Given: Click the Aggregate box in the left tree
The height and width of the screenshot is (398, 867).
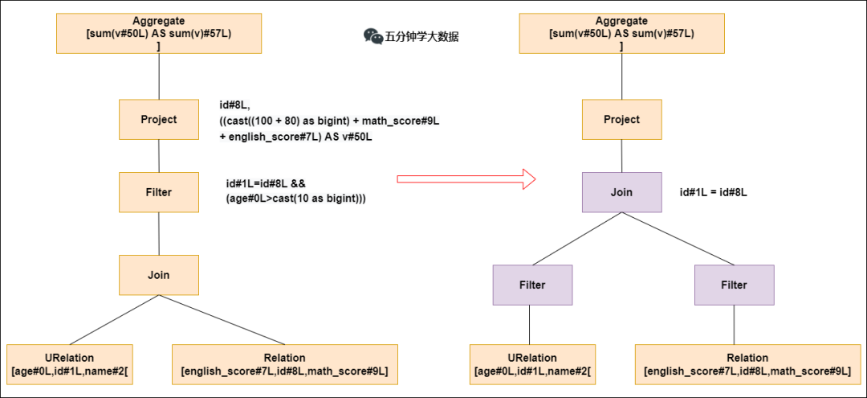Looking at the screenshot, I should point(158,32).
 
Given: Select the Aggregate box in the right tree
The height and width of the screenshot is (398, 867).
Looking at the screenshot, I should point(621,32).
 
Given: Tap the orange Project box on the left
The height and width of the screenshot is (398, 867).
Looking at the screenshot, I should point(158,119).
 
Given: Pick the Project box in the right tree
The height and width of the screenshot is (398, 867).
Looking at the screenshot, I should point(621,119).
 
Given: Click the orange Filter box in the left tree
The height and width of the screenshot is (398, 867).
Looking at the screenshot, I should point(158,192).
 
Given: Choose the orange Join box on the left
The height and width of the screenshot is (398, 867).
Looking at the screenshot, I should point(158,275).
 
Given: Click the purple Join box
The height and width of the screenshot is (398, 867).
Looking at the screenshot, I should point(621,192).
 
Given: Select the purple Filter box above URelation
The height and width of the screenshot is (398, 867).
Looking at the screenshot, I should point(531,285).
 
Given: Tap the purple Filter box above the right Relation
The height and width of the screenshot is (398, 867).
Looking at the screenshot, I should point(734,285).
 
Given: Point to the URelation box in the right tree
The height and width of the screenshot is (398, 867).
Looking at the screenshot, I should point(532,363).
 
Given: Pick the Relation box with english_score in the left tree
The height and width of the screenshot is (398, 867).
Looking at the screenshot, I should point(284,363).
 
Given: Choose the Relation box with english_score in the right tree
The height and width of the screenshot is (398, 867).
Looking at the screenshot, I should point(747,363).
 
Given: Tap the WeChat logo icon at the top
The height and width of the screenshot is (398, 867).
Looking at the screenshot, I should point(373,35).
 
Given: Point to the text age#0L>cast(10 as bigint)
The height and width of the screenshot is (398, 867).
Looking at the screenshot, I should point(295,199).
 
